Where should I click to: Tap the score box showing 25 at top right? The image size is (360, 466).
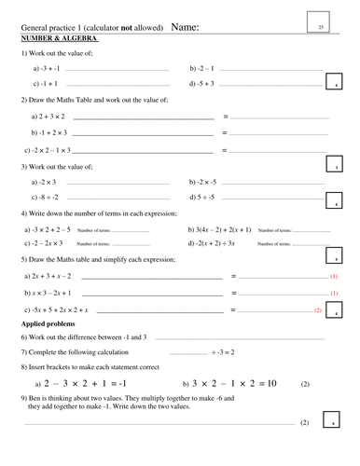321,28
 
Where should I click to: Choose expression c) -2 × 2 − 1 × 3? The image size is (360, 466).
51,149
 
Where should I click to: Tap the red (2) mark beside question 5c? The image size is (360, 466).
318,308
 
